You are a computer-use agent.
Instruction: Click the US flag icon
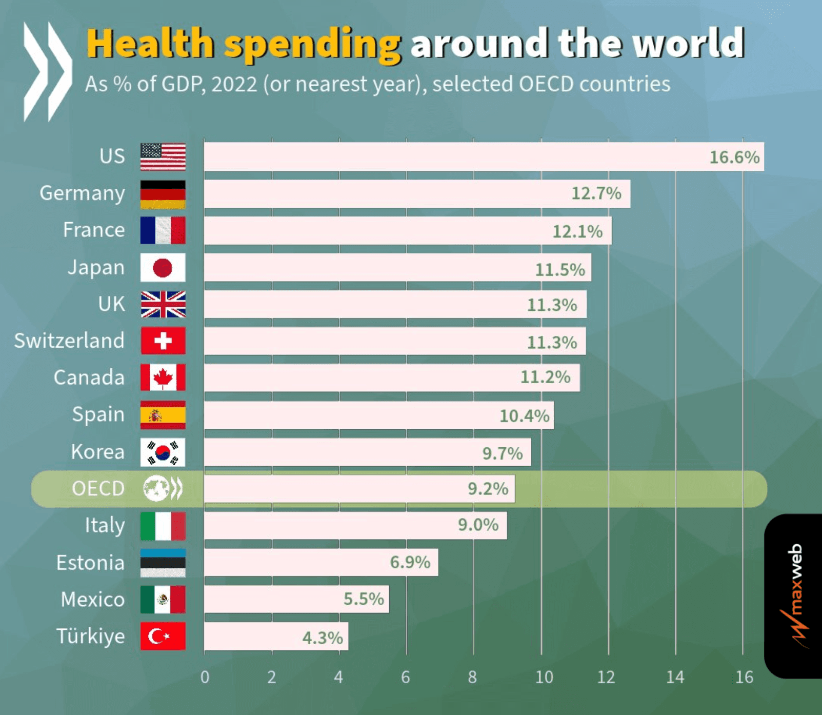[163, 156]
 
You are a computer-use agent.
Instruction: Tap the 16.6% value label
[734, 157]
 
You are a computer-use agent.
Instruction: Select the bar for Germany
[416, 194]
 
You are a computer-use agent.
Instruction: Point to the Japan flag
[163, 268]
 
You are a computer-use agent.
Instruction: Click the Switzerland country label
[69, 341]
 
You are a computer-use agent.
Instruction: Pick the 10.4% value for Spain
[524, 415]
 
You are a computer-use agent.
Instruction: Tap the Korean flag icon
[163, 452]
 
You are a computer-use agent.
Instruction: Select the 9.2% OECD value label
[488, 489]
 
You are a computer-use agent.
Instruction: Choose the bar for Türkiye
[276, 637]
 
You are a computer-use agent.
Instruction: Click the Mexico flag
[163, 600]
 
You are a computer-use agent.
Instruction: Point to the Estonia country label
[90, 563]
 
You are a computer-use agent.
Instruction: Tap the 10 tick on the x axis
[544, 678]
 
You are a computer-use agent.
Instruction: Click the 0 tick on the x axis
[205, 678]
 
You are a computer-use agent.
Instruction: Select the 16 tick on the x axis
[744, 678]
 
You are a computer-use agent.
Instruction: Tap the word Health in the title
[150, 44]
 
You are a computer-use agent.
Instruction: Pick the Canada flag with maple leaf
[163, 378]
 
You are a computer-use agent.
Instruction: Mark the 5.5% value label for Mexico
[364, 599]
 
